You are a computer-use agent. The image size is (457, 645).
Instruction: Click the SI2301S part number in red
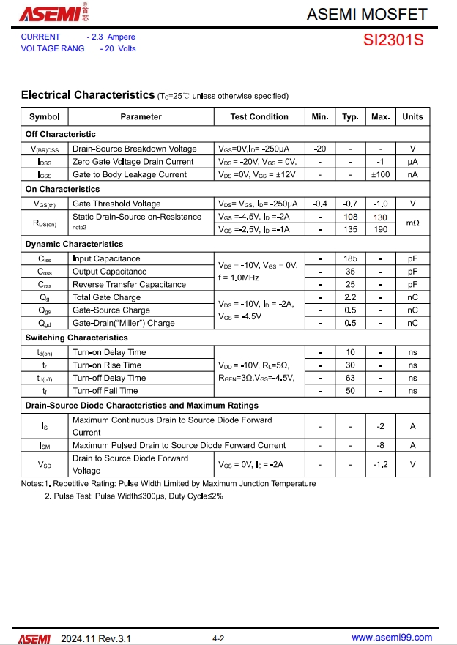393,41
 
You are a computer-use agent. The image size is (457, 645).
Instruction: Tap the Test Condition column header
259,116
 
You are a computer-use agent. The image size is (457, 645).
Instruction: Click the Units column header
412,116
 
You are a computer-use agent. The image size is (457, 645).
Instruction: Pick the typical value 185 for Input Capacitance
350,258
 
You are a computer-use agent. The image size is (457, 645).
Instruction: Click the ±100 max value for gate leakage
380,174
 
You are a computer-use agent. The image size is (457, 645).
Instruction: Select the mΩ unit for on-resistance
412,223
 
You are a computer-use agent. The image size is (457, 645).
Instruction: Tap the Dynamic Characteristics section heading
74,244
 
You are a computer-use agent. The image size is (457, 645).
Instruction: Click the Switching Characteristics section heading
76,338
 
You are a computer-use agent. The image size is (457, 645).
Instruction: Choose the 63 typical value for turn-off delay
350,378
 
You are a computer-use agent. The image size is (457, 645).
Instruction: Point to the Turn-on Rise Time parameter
107,365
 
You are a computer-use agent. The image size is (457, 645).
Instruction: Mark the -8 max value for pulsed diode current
380,445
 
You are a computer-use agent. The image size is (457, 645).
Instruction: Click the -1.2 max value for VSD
380,464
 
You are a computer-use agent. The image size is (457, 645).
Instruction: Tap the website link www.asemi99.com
392,638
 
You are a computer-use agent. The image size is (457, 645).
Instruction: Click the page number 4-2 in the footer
218,638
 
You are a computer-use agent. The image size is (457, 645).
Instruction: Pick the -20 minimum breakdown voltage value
320,149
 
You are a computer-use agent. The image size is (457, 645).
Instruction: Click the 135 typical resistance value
350,229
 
